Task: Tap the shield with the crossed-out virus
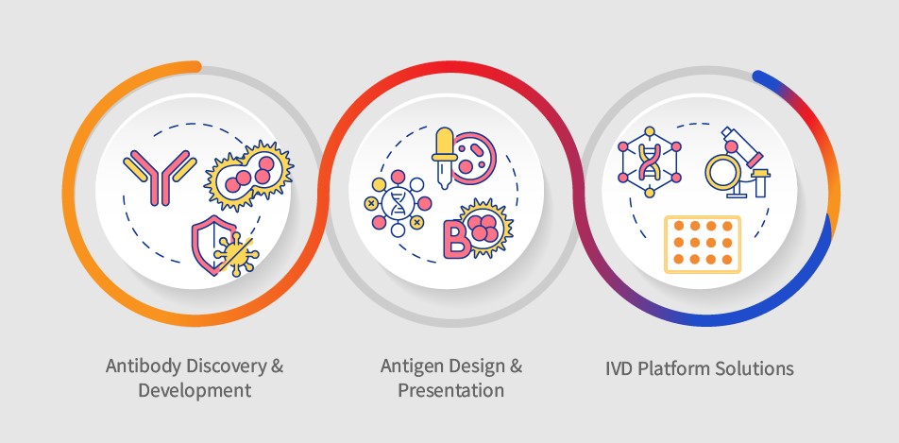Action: pos(220,245)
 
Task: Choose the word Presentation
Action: pos(450,389)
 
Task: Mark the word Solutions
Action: pos(756,368)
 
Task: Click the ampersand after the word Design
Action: pos(516,366)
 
